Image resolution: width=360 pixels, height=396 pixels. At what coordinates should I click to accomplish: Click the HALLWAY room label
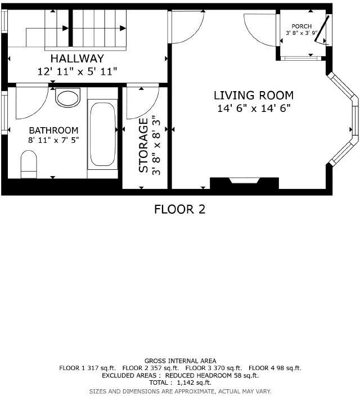point(76,58)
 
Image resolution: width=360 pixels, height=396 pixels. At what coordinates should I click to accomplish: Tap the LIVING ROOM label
point(253,96)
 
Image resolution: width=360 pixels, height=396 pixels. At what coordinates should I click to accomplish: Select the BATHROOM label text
point(53,130)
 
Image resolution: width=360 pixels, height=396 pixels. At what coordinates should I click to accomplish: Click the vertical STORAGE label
point(144,145)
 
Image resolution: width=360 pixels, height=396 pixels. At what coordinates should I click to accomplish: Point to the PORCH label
point(301,26)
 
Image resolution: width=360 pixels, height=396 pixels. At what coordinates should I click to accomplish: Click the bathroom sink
point(68,98)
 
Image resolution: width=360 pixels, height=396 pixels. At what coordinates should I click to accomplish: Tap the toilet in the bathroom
point(29,165)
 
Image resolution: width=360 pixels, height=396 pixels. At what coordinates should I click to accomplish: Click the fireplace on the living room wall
point(244,182)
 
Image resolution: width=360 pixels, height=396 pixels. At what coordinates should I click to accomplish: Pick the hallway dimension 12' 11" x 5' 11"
point(76,71)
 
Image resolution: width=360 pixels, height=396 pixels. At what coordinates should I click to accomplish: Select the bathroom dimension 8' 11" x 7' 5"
point(53,139)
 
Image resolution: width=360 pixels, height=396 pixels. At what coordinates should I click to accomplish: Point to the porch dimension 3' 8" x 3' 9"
point(301,33)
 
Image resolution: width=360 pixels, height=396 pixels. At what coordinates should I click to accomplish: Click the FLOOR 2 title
point(179,210)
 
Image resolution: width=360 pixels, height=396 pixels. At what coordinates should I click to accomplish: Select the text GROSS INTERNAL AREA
point(180,361)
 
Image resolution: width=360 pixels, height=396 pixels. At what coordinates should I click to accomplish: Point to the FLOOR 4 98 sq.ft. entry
point(274,368)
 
